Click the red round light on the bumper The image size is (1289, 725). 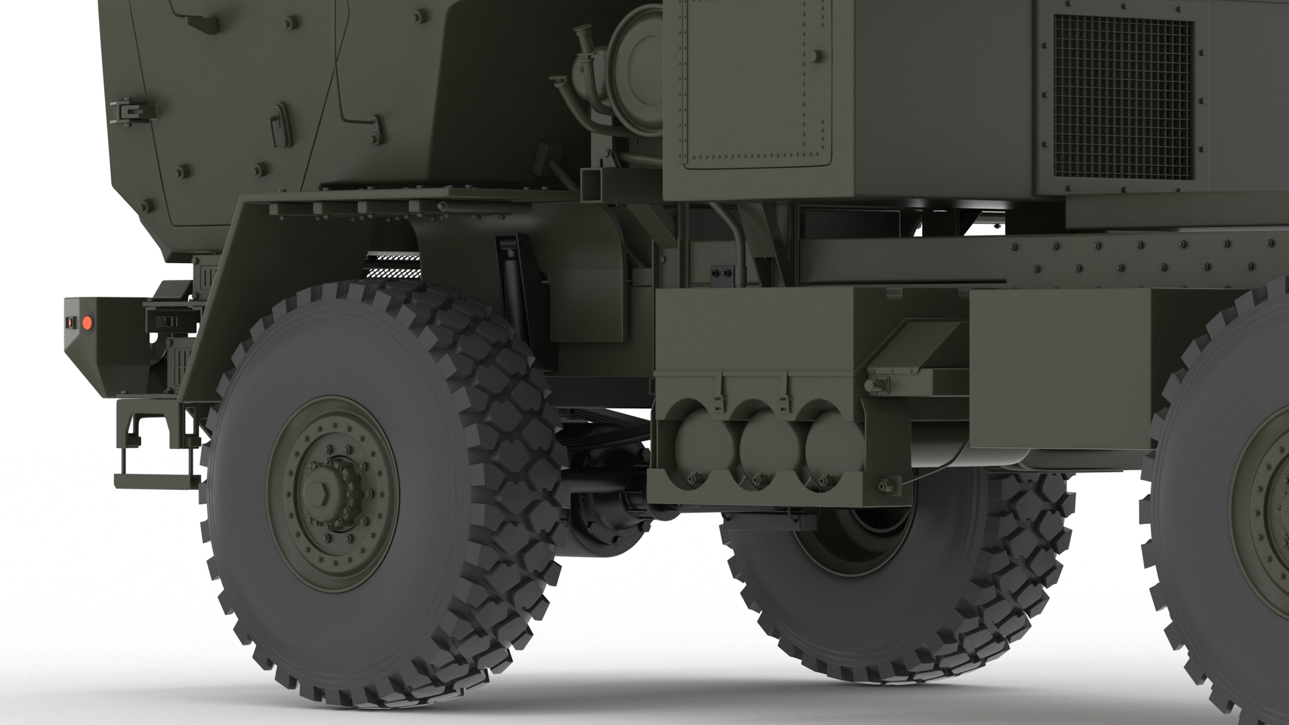[87, 324]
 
